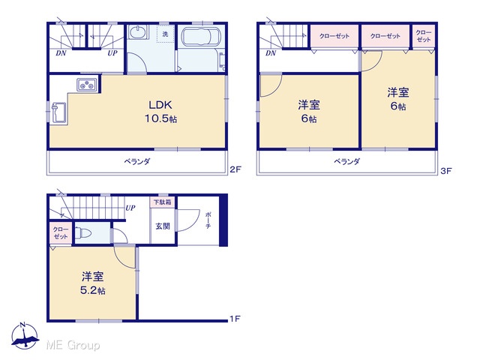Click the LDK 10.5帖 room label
pos(160,112)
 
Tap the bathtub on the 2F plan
pos(200,37)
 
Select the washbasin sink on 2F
pos(138,32)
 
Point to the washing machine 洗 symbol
pos(165,34)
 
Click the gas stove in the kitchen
pos(87,85)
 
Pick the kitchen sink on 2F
pos(58,112)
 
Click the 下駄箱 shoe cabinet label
pos(163,202)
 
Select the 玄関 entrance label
pos(163,226)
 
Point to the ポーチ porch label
pos(208,220)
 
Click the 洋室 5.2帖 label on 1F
pos(93,283)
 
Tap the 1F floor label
pos(235,319)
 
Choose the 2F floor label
pos(235,169)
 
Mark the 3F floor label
pos(446,171)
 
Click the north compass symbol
pos(25,336)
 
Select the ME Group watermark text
pos(73,345)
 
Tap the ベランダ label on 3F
pos(346,161)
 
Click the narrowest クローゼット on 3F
pos(424,36)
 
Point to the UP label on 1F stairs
pos(130,208)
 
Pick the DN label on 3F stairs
pos(271,53)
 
